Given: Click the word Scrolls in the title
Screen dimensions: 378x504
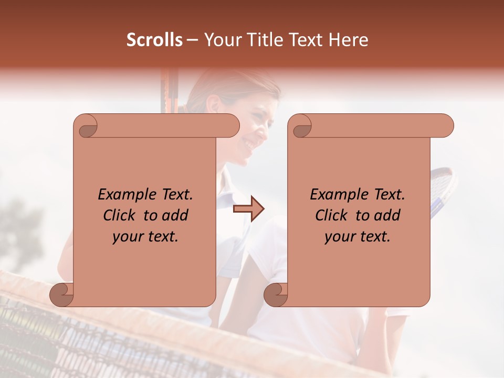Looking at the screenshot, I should click(154, 40).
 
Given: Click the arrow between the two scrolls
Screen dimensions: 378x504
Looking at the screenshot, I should click(248, 208).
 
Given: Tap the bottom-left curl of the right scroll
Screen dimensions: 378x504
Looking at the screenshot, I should click(276, 294).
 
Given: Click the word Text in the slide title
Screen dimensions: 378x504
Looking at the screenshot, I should click(307, 40).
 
